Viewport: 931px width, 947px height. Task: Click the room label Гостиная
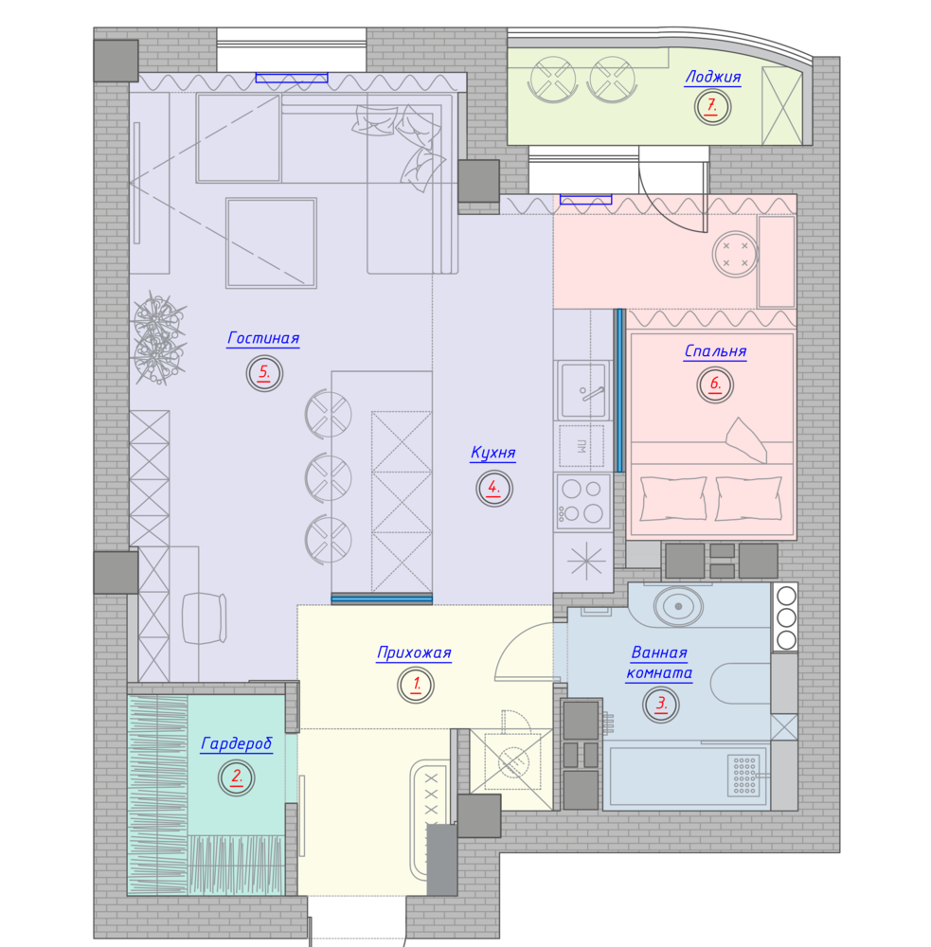(x=263, y=338)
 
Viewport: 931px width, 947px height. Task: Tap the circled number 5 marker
(x=264, y=373)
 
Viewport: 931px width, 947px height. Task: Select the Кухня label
(x=493, y=453)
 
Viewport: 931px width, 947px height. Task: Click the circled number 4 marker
(x=494, y=488)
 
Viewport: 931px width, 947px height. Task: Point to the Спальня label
(x=715, y=351)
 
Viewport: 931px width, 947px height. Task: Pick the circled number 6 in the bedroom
(x=715, y=384)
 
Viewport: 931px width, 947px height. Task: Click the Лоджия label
(x=712, y=78)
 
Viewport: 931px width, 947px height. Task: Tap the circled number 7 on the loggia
(x=712, y=107)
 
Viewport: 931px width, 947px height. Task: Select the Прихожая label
(x=414, y=652)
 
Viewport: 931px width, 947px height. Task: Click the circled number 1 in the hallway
(x=417, y=685)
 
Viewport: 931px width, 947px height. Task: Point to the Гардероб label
(x=236, y=743)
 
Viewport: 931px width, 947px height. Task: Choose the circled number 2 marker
(x=236, y=777)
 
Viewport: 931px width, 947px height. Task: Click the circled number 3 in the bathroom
(x=661, y=705)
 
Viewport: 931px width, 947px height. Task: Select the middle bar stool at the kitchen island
(x=328, y=477)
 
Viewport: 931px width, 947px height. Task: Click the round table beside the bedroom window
(x=735, y=254)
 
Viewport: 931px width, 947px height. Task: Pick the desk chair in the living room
(x=205, y=618)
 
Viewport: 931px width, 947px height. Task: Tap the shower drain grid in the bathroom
(x=744, y=775)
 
